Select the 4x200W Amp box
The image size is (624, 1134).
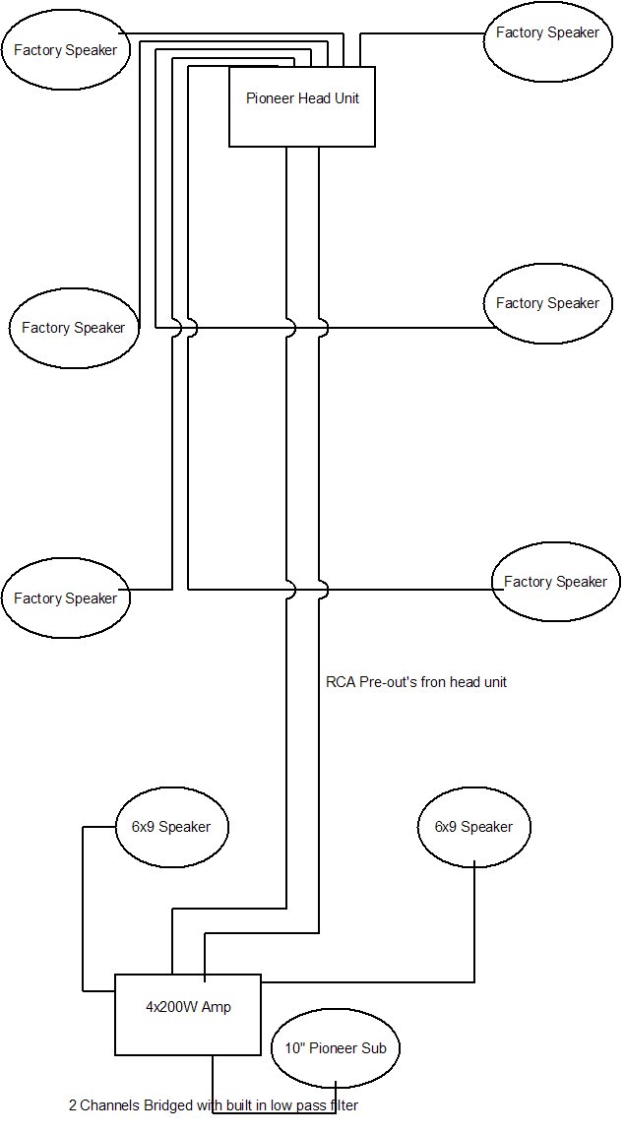click(x=187, y=1014)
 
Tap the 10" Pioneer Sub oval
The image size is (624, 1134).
click(x=335, y=1048)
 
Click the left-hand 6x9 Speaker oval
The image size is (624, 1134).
click(x=171, y=827)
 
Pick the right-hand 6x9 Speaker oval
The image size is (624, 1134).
click(x=474, y=827)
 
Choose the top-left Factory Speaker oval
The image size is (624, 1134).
click(x=65, y=50)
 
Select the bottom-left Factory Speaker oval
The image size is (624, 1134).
click(x=65, y=598)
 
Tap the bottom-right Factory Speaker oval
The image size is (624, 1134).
click(x=555, y=582)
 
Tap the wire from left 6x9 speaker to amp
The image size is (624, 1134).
click(x=83, y=906)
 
